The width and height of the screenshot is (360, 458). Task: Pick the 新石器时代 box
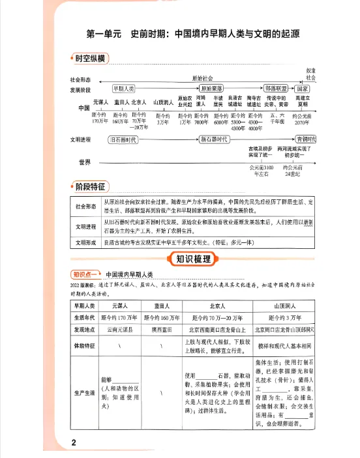click(217, 139)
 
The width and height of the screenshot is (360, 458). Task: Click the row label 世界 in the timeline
click(83, 162)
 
